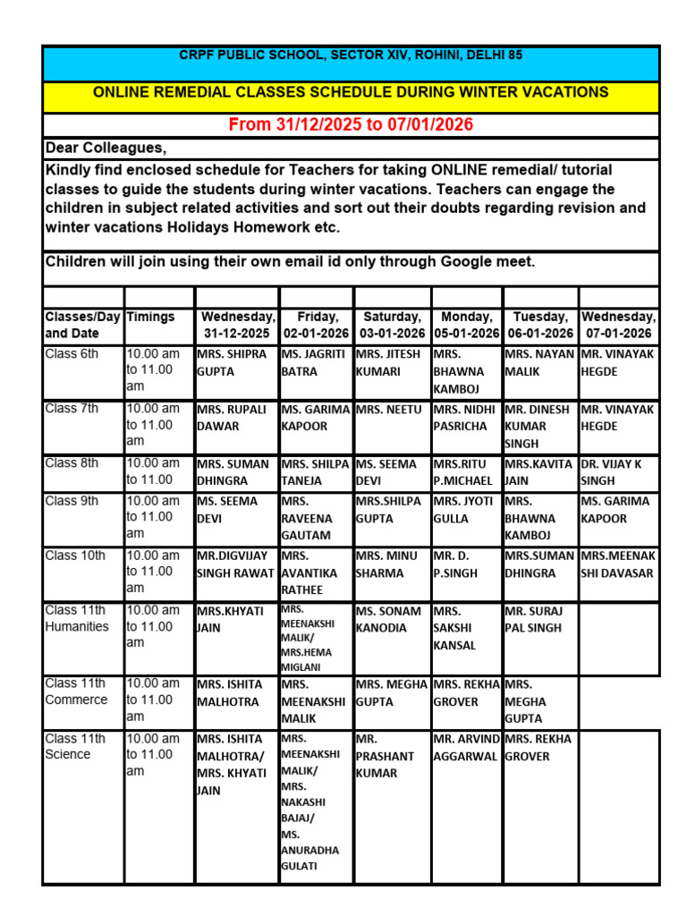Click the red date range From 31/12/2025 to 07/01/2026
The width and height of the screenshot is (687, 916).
click(351, 125)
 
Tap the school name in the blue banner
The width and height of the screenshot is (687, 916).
click(351, 55)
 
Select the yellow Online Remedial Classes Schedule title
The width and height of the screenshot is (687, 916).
click(351, 92)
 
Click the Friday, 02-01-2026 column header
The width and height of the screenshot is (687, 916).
click(317, 326)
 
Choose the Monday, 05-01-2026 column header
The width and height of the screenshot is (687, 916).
click(467, 326)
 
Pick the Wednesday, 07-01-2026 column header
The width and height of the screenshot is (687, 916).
click(618, 326)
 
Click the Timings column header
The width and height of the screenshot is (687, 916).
click(151, 318)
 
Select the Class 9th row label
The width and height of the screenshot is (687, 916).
click(72, 502)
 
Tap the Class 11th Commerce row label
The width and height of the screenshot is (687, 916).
click(77, 691)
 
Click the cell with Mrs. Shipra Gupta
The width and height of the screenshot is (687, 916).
click(233, 362)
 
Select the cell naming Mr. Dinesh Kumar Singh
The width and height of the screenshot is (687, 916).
click(539, 426)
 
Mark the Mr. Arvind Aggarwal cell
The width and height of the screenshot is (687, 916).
click(467, 748)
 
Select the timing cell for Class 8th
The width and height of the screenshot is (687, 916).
click(157, 471)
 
